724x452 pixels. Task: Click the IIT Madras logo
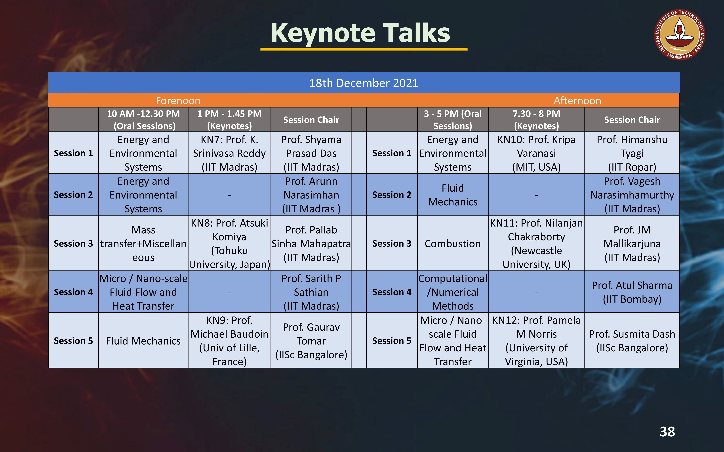(x=679, y=34)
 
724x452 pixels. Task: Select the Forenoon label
(x=178, y=101)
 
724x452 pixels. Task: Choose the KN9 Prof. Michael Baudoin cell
(x=229, y=340)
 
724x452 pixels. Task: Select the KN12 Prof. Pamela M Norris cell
(x=536, y=340)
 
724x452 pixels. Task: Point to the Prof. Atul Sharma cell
(x=632, y=292)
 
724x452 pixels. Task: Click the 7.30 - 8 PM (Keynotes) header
(x=536, y=120)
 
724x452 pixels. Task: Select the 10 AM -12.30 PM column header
(x=143, y=120)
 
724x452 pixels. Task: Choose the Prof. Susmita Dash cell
(x=632, y=340)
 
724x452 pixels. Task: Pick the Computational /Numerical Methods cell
(x=453, y=292)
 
